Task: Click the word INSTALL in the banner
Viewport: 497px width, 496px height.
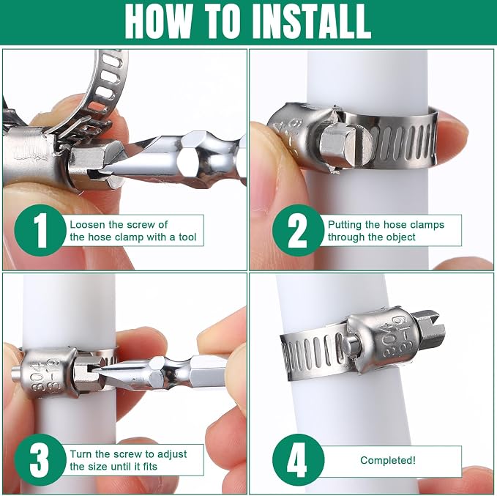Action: tap(311, 21)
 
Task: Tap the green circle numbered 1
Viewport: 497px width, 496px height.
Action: tap(40, 230)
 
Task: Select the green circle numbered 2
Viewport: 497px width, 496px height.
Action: tap(298, 230)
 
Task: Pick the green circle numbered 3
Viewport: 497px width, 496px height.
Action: tap(40, 460)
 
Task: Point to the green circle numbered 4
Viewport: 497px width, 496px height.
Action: tap(298, 460)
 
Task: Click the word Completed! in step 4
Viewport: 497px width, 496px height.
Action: tap(388, 460)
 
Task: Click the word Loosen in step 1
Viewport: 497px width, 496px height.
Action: tap(87, 225)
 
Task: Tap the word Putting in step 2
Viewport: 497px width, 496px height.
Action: tap(345, 225)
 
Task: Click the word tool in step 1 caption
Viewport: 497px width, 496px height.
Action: tap(187, 237)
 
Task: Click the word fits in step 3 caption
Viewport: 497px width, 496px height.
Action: tap(149, 467)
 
